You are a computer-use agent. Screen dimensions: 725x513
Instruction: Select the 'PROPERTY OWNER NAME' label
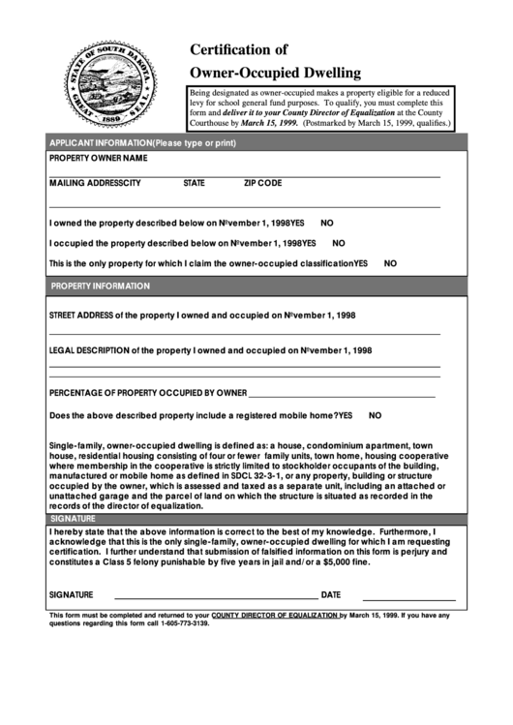coord(98,158)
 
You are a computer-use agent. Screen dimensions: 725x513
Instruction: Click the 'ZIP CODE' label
coord(262,183)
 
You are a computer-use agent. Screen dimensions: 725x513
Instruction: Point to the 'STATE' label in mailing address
coord(194,183)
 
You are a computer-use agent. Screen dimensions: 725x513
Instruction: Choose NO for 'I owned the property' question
coord(327,222)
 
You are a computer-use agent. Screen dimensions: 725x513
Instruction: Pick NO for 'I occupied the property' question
coord(339,243)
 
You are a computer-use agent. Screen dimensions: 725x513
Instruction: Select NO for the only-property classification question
coord(391,263)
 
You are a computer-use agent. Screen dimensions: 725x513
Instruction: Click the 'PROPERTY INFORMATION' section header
coord(100,287)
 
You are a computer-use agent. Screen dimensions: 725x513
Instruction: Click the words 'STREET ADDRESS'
coord(80,316)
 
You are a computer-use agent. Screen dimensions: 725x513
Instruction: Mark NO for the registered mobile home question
coord(376,415)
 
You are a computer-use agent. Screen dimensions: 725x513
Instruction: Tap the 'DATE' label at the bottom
coord(331,595)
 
